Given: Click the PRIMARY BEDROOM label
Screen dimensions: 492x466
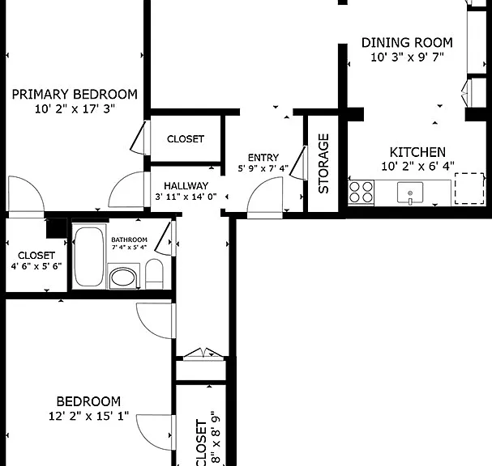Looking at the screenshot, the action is (75, 95).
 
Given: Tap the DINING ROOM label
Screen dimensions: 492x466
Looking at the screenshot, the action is (407, 43).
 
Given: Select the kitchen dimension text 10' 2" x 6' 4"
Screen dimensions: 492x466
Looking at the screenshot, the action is (417, 166).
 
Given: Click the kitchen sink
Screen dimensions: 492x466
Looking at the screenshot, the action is (410, 193).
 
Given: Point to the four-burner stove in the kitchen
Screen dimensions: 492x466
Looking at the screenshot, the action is (361, 193).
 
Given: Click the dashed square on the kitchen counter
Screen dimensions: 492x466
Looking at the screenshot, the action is (469, 189).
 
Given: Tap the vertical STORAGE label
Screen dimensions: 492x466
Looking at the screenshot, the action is (323, 163).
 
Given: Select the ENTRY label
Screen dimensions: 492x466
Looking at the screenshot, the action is (263, 158).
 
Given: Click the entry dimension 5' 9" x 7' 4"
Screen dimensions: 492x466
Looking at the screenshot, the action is (263, 168).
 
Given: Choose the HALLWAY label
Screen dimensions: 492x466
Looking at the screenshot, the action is (186, 186).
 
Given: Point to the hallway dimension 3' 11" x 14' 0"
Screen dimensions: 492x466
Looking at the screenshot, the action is (186, 197).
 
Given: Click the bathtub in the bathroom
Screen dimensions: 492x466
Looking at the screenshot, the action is (89, 256).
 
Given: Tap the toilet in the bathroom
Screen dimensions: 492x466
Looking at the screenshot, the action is (154, 273).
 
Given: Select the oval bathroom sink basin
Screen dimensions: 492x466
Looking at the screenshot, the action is (122, 277).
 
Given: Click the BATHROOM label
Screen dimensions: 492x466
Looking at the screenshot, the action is (129, 239).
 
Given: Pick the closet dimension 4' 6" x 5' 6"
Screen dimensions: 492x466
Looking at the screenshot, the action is (36, 266).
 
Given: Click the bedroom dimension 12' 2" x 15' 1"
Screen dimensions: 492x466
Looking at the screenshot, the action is (89, 416).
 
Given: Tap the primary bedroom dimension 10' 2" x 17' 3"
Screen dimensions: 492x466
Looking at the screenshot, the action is (75, 109).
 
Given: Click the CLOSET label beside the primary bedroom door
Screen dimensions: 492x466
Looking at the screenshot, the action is (186, 139).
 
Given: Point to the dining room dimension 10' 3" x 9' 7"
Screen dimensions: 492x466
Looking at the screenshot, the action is (407, 57).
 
